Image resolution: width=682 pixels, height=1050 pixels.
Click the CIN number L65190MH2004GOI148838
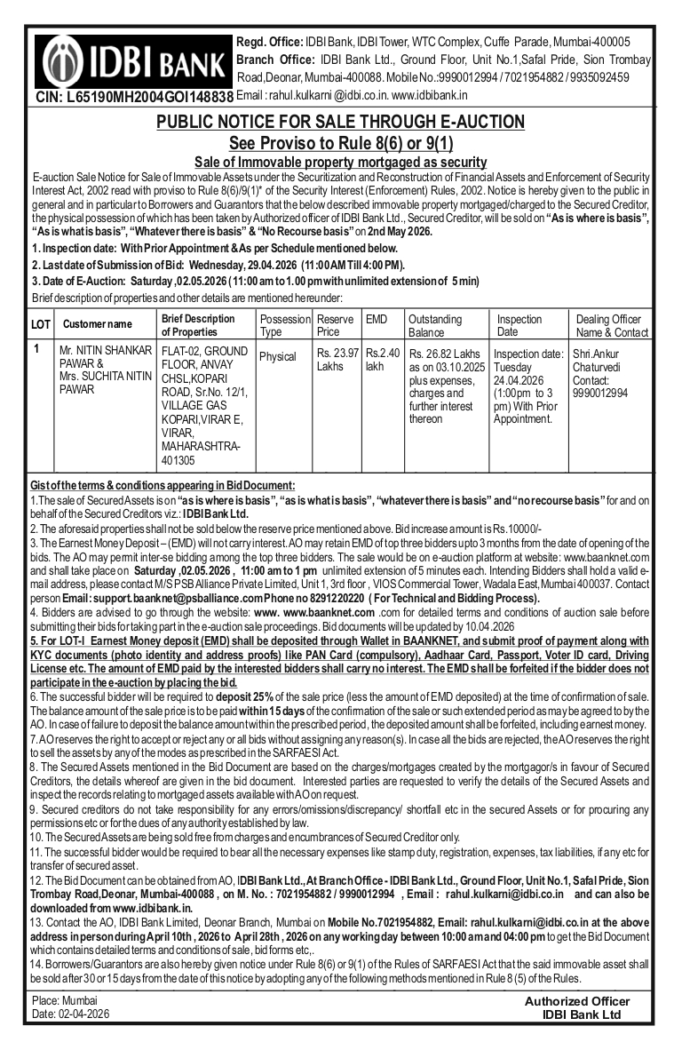[133, 96]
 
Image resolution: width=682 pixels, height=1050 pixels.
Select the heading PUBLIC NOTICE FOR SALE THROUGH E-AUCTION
[340, 122]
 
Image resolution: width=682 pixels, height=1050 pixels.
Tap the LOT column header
[41, 325]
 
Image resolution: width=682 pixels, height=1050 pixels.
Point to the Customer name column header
[98, 325]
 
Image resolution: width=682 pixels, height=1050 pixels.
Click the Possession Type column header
[284, 325]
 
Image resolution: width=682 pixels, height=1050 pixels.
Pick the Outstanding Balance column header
[435, 325]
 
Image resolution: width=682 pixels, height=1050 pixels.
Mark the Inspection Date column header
[519, 325]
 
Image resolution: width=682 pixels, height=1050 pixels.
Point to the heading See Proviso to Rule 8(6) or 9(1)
[341, 143]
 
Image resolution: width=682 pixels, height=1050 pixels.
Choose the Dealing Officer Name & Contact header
[612, 325]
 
